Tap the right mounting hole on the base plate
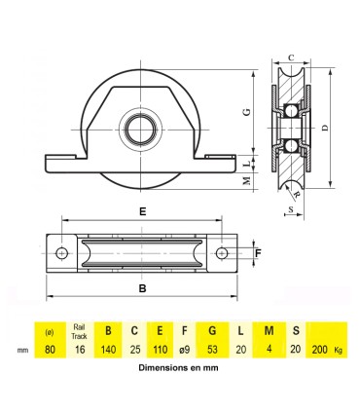point(222,253)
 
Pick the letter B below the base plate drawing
point(143,289)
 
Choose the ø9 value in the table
point(186,349)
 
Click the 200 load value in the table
point(317,349)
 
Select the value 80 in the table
point(51,349)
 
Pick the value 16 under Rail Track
point(80,349)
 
